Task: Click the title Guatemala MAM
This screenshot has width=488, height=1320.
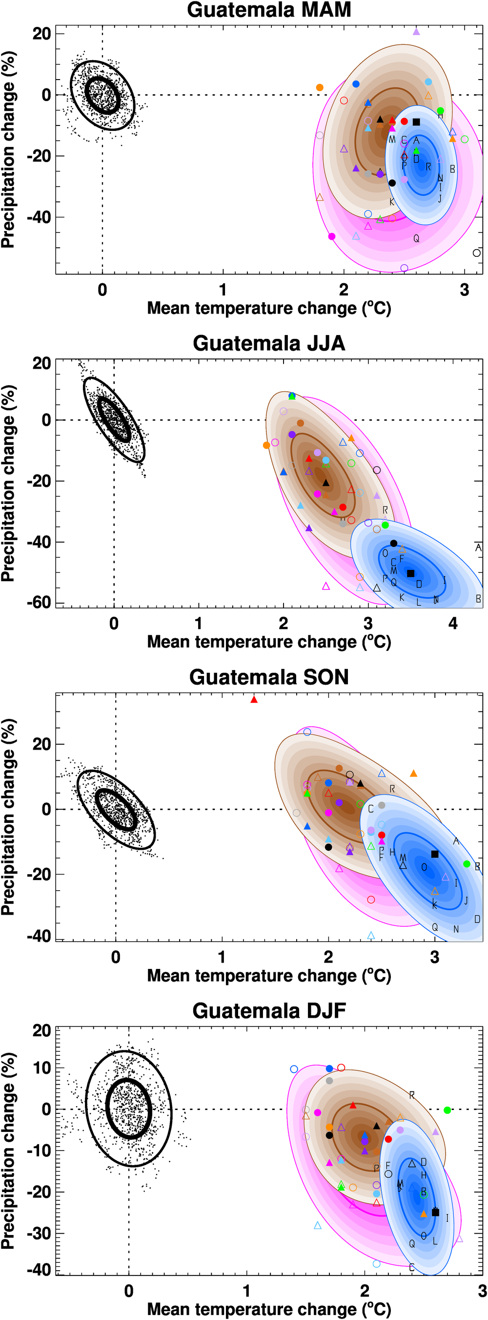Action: [x=269, y=10]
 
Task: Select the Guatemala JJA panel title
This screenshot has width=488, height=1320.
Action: [x=269, y=343]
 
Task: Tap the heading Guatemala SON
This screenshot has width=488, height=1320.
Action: [x=269, y=677]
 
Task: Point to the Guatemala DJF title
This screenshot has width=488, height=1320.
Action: [x=269, y=1010]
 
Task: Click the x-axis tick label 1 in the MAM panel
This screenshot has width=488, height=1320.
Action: [x=223, y=290]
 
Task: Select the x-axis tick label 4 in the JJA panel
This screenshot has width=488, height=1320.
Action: [x=453, y=624]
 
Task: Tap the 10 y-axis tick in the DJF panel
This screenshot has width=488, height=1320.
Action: [x=42, y=1069]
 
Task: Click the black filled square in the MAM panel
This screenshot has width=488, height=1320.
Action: [x=416, y=122]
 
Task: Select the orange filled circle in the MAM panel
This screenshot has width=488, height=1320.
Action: [x=320, y=87]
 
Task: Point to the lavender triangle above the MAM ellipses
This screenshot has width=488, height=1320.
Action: [x=416, y=32]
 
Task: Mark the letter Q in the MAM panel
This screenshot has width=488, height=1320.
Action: [x=416, y=238]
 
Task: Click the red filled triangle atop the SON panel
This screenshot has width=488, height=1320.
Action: [x=254, y=699]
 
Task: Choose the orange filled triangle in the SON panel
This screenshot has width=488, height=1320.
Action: [x=414, y=773]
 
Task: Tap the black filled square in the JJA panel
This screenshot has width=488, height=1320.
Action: [x=411, y=573]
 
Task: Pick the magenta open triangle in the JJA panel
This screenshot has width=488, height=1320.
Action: [x=326, y=586]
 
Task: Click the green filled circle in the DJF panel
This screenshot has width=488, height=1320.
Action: [x=447, y=1110]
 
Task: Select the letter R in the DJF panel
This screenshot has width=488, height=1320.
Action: [x=412, y=1095]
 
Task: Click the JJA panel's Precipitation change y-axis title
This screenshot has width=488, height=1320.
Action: [x=8, y=483]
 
